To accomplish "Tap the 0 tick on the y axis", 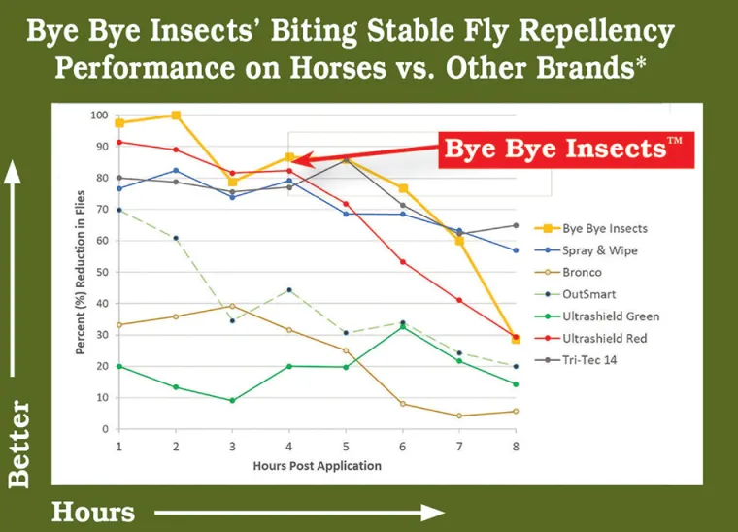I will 104,429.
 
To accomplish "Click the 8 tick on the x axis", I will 516,446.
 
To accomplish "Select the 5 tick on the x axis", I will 346,446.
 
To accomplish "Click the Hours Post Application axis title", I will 317,465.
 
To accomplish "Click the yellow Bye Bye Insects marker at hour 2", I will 176,116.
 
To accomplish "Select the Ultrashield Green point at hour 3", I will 232,400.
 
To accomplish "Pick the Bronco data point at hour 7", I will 459,416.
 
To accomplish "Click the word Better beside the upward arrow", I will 18,444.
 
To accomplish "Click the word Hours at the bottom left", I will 93,511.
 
